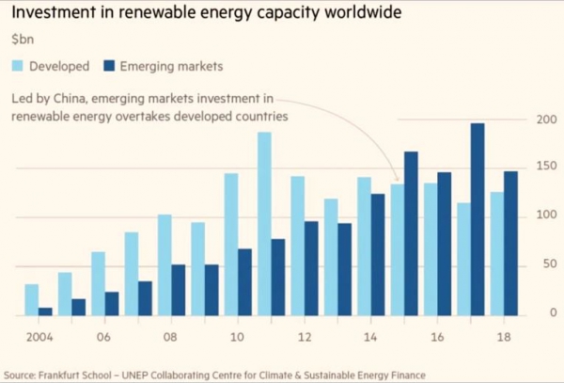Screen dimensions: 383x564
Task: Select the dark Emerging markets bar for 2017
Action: [x=477, y=219]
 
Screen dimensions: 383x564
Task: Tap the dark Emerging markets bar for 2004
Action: [x=45, y=311]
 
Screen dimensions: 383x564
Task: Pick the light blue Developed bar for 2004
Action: [x=32, y=299]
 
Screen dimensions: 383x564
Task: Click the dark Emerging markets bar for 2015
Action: [x=411, y=233]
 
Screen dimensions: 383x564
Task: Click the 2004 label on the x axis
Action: [x=38, y=335]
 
